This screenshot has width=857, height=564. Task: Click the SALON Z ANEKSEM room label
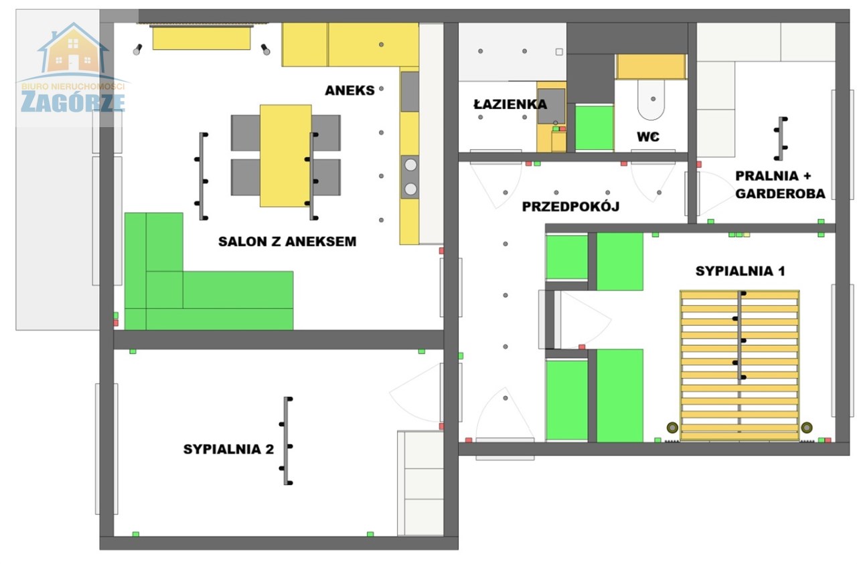pos(287,242)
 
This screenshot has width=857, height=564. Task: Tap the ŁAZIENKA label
pos(510,104)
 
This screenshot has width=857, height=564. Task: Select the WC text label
pos(647,136)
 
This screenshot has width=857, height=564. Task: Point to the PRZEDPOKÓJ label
pos(570,207)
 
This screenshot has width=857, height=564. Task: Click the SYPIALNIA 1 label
pos(740,271)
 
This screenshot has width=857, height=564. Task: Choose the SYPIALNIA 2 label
pos(228,449)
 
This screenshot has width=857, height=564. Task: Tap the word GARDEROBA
pos(780,194)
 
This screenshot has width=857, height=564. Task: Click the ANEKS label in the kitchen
pos(349,90)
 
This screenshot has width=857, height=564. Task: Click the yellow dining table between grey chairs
pos(285,156)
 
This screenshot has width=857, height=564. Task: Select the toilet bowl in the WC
pos(651,100)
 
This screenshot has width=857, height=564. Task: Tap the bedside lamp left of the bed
pos(672,428)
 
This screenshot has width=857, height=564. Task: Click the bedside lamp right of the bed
pos(807,428)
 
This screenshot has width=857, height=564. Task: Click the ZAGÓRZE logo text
pos(73,102)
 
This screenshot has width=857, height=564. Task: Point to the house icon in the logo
pos(73,48)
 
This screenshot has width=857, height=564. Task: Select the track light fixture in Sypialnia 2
pos(286,441)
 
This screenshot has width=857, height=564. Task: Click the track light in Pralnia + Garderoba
pos(780,138)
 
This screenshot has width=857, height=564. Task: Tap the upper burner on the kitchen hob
pos(410,165)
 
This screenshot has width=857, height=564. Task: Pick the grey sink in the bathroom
pos(551,106)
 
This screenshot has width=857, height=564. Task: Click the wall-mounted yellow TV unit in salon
pos(202,38)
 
